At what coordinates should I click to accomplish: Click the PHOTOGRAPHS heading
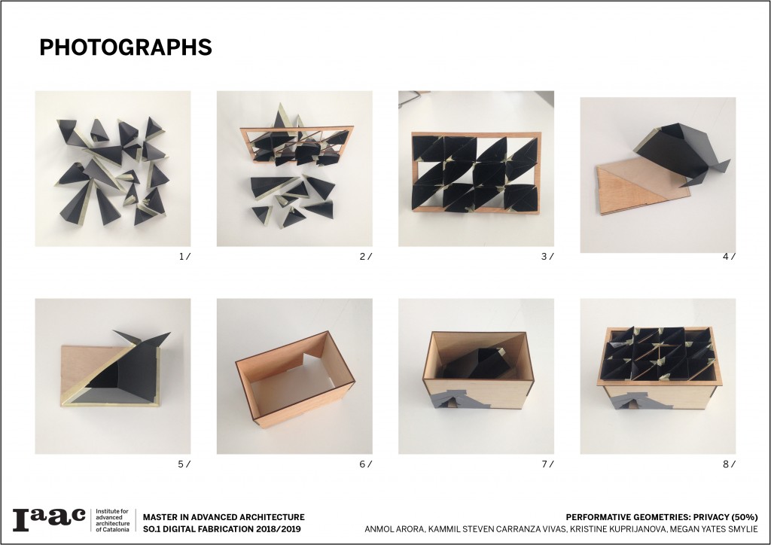[126, 47]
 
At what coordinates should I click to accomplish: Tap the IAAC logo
[49, 519]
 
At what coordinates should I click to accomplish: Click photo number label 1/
[184, 257]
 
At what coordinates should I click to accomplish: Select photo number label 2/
[366, 257]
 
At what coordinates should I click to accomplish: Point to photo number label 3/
[547, 257]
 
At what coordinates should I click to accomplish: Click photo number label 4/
[729, 257]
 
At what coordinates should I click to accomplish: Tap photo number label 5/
[184, 464]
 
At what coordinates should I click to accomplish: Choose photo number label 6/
[366, 464]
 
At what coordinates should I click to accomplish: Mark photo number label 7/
[547, 464]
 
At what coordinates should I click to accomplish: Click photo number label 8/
[729, 464]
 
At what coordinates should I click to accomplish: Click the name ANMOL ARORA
[394, 529]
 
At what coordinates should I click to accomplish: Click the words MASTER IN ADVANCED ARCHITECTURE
[224, 517]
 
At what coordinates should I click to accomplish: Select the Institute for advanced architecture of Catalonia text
[113, 520]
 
